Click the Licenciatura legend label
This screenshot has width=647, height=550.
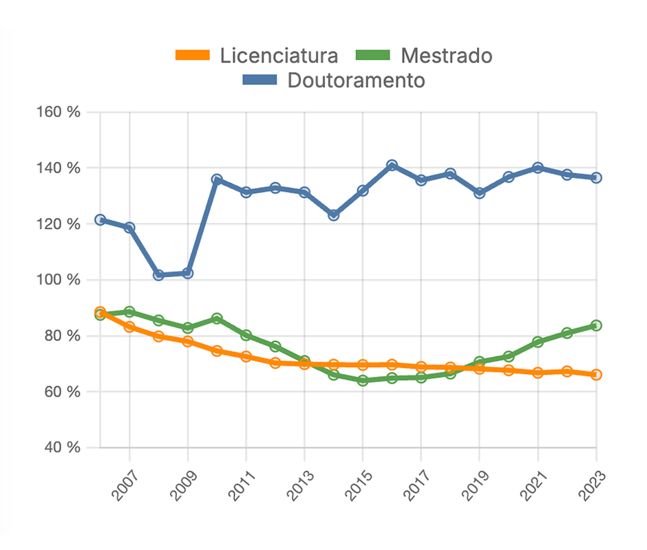(x=279, y=56)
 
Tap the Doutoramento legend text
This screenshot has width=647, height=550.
(x=356, y=80)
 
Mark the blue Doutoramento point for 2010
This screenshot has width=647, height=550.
(x=217, y=180)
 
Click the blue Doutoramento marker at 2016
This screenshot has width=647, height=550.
(x=392, y=166)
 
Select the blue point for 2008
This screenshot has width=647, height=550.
(x=158, y=275)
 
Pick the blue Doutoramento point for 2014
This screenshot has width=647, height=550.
(x=334, y=215)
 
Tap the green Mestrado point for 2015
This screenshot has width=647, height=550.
(x=363, y=380)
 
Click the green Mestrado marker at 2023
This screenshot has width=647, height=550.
(x=596, y=325)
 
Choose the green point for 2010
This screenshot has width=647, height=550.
(x=217, y=318)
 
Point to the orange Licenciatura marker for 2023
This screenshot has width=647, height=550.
(x=596, y=375)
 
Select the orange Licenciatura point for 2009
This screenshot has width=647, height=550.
(x=187, y=341)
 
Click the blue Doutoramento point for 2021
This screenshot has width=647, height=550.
(x=538, y=168)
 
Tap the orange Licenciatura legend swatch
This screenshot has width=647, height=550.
(x=193, y=56)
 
